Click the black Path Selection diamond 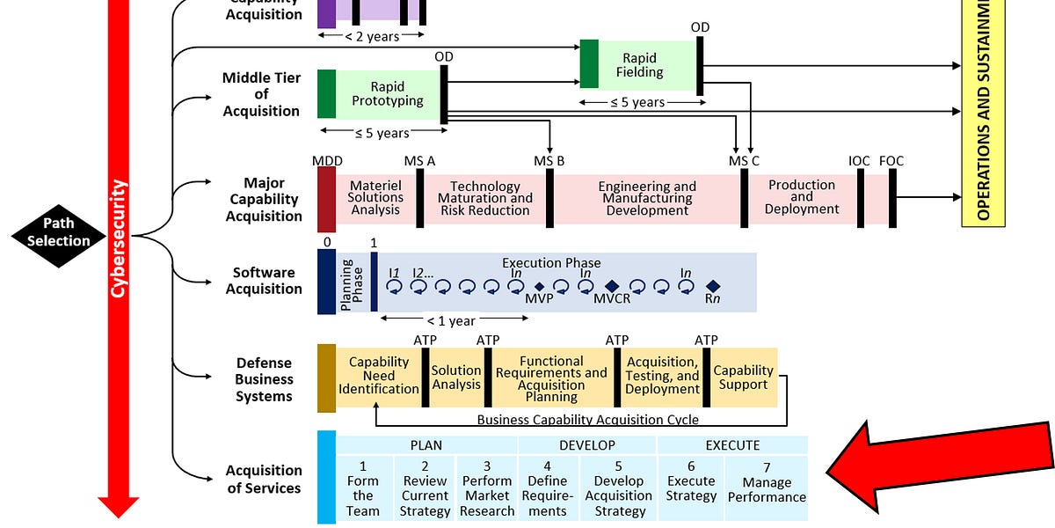point(58,232)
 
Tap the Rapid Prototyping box point(387,93)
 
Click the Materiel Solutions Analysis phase point(375,197)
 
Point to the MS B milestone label point(549,161)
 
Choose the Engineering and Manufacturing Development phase point(647,198)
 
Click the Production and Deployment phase point(801,197)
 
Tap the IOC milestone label point(859,161)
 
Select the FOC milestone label point(891,161)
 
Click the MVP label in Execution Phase point(539,298)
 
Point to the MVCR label point(612,298)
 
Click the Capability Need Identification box point(379,375)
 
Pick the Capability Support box point(743,377)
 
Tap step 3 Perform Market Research point(487,495)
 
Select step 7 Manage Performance point(767,489)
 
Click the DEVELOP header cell point(587,445)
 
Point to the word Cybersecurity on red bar point(119,238)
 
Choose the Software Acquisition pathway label point(264,281)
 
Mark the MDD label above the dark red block point(327,161)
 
